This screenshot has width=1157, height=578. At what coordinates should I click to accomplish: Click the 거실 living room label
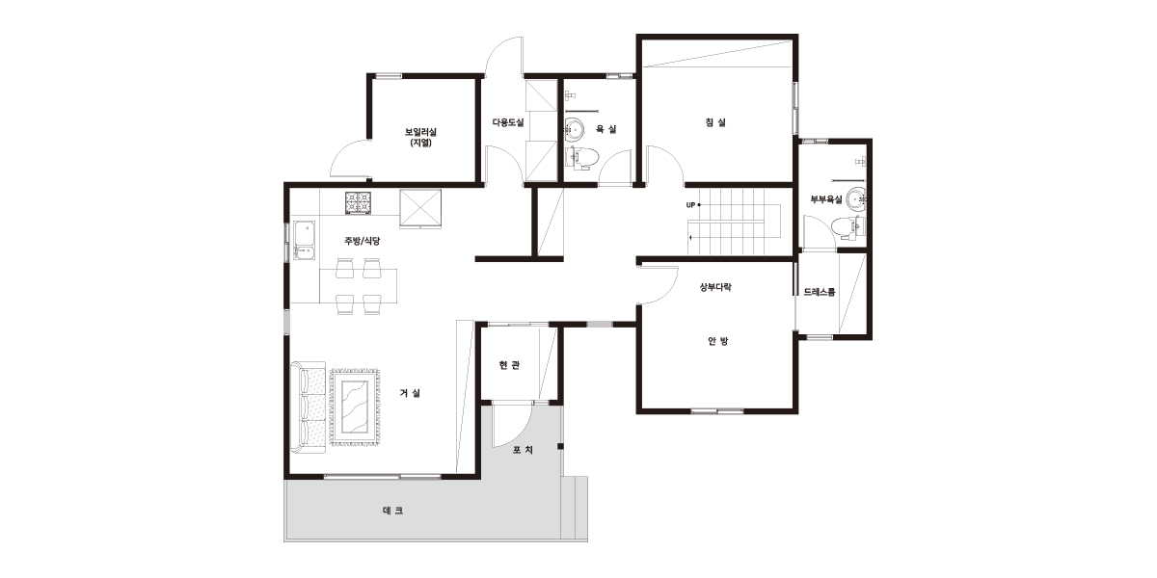point(410,393)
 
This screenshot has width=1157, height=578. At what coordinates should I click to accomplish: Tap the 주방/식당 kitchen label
point(363,241)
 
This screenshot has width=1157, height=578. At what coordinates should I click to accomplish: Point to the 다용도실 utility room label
point(508,123)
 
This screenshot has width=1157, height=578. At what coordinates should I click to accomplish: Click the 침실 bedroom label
point(715,122)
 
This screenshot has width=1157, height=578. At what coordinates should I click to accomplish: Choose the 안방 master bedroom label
point(718,341)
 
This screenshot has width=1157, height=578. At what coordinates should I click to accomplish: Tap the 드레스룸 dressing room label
point(820,292)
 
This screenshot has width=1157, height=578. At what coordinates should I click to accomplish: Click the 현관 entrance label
point(509,365)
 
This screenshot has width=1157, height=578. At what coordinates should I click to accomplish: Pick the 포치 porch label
point(523,450)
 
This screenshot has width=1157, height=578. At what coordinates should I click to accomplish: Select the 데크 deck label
point(393,511)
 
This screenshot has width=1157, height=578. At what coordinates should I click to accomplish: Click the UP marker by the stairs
point(690,205)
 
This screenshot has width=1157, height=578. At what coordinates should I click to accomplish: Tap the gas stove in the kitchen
point(358,202)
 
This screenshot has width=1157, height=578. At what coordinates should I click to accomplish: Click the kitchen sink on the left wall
point(305,240)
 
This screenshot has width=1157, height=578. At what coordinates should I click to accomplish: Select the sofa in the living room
point(309,407)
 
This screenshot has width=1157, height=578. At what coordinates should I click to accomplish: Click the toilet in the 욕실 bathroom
point(582,158)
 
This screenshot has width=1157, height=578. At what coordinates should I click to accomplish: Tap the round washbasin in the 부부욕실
point(857,198)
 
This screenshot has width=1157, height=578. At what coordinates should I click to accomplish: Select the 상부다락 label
point(715,287)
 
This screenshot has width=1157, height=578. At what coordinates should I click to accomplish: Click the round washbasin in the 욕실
point(574,129)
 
